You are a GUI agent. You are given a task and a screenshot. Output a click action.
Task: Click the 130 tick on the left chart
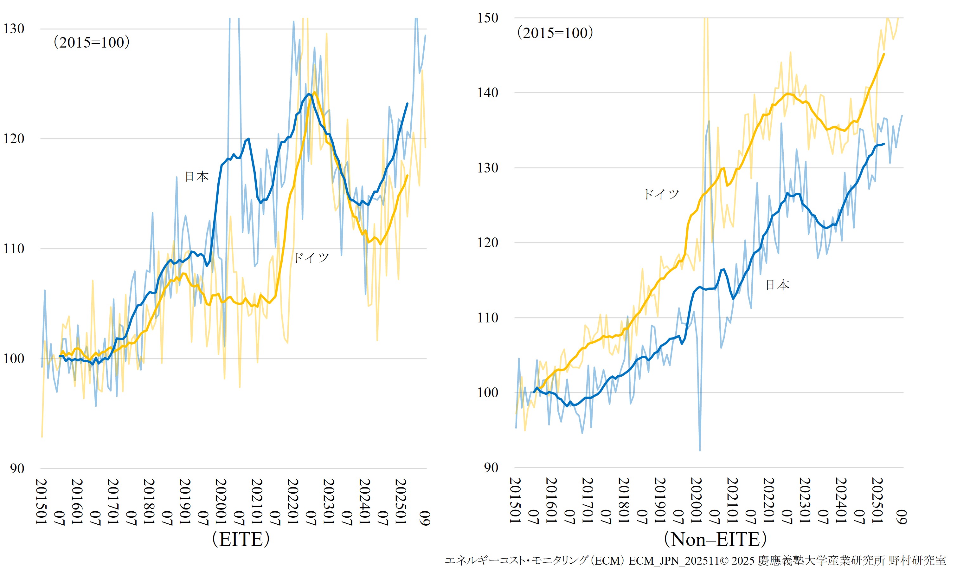click(x=14, y=29)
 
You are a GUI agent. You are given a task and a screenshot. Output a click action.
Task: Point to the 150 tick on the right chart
click(x=487, y=18)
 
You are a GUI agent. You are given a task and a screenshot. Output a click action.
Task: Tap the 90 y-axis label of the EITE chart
click(x=17, y=469)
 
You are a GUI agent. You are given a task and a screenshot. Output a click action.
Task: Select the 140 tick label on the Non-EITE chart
click(x=487, y=93)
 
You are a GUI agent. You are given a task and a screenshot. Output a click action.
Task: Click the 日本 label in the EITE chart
click(x=196, y=177)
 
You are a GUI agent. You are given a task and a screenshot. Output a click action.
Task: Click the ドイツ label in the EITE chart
click(x=311, y=258)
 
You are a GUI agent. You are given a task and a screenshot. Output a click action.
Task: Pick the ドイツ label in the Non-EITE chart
click(x=661, y=194)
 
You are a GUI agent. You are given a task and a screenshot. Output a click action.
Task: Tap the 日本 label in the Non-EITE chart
click(x=777, y=285)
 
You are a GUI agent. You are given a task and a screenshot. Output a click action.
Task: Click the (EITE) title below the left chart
click(x=241, y=539)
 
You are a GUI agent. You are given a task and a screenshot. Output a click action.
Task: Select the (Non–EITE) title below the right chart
click(x=715, y=539)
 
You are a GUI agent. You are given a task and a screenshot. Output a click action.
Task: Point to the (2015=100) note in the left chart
click(x=91, y=42)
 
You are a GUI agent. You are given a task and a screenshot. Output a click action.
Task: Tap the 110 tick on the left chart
click(x=14, y=249)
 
